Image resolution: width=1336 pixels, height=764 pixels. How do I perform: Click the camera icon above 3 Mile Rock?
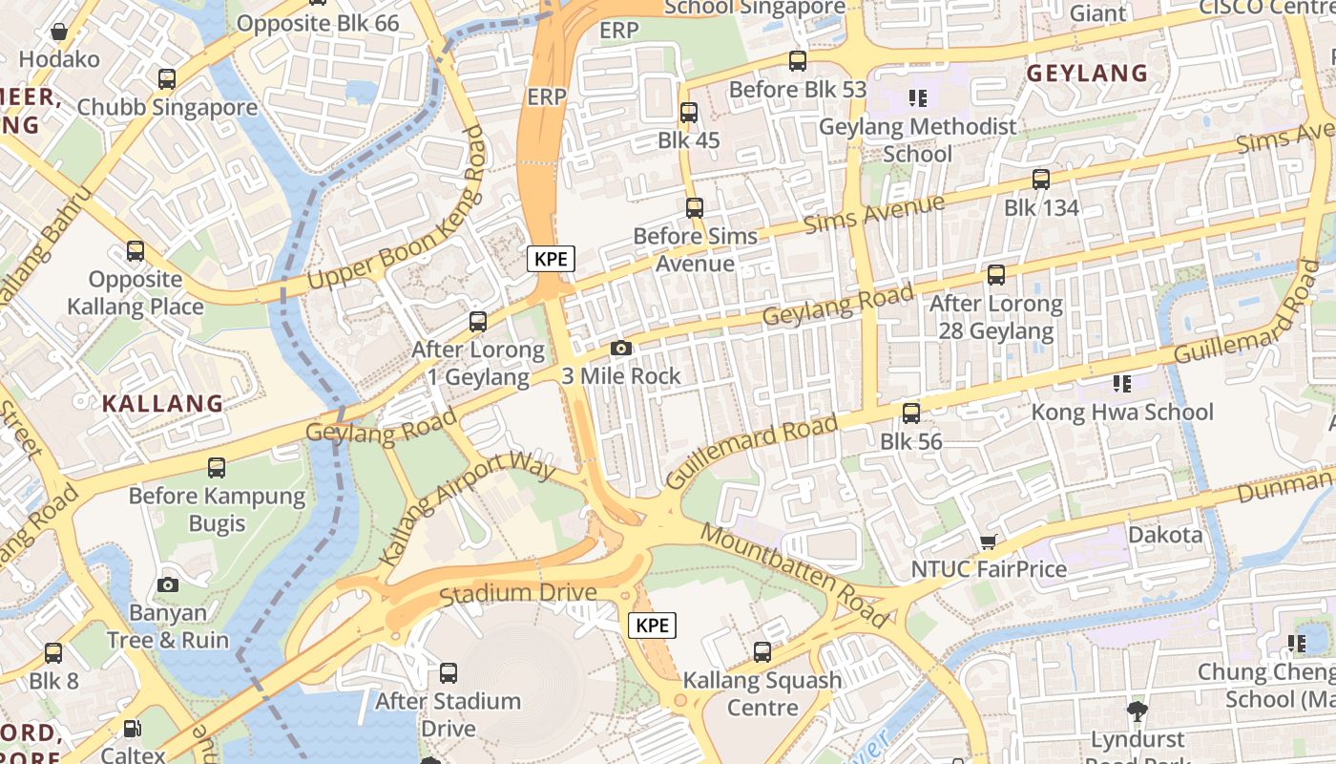621,349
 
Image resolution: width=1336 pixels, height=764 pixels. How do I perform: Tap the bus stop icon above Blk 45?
688,113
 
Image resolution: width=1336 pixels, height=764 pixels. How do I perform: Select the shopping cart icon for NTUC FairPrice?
988,542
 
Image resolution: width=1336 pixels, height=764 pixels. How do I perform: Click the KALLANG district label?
162,403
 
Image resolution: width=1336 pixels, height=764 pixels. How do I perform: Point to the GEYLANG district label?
1087,74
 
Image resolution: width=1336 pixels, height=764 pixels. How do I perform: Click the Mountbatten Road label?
795,575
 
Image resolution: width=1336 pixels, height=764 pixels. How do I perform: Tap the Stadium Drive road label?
518,594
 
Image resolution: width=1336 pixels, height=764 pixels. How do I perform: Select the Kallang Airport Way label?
467,510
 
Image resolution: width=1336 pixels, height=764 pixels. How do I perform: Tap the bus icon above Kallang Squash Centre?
762,652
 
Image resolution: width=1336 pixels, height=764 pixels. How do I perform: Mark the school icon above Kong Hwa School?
1121,384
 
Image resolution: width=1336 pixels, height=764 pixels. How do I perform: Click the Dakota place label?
1165,535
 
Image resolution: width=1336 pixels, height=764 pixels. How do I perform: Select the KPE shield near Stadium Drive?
653,626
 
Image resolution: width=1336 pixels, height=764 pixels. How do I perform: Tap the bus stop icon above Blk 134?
1041,180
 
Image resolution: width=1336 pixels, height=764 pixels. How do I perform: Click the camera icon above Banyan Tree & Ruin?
168,584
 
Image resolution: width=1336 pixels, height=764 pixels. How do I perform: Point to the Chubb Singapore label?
167,107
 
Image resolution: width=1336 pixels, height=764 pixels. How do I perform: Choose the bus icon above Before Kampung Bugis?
217,468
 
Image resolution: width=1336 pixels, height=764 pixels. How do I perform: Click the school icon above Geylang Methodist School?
918,97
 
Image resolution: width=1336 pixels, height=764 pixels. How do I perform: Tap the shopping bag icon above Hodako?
59,32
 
